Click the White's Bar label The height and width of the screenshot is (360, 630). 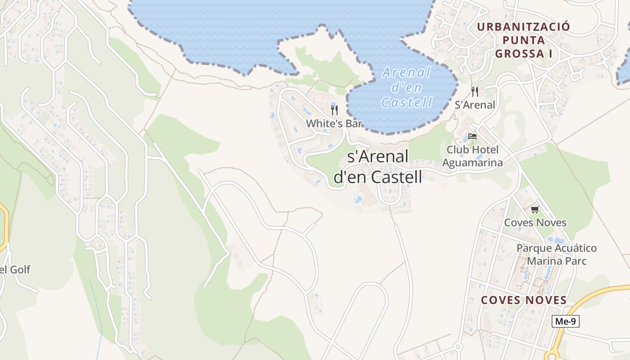[334, 123]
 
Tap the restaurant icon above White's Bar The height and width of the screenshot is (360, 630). [334, 110]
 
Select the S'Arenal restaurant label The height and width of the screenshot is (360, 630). [475, 105]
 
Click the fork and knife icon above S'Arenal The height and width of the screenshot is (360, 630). [475, 92]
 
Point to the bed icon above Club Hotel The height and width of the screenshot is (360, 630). [472, 136]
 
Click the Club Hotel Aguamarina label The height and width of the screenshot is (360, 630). [472, 156]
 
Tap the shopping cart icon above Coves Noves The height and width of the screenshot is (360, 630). [535, 210]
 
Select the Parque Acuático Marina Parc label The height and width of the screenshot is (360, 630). [557, 254]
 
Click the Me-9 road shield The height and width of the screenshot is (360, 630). [566, 321]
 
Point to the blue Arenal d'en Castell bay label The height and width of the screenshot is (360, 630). [407, 87]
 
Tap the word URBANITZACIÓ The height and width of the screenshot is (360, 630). [523, 27]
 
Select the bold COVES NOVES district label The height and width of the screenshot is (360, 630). [524, 300]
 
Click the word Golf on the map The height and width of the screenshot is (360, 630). [21, 270]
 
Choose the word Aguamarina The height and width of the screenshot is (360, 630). [472, 162]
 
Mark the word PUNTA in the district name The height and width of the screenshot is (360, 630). [523, 40]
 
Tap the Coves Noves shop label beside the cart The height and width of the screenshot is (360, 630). [535, 222]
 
